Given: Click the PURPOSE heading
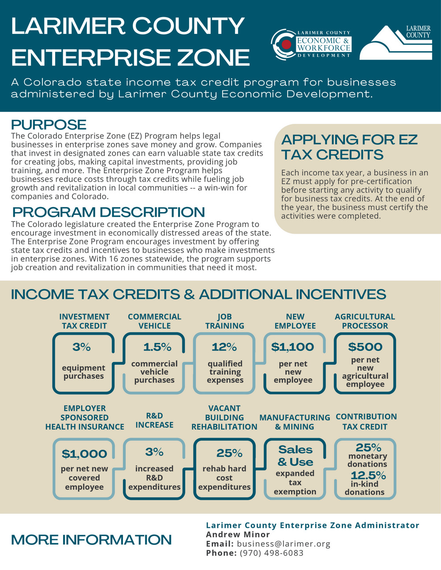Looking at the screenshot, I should click(x=49, y=124).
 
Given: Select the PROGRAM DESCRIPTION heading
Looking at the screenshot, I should click(x=108, y=212).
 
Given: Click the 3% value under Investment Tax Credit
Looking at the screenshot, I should click(x=82, y=347).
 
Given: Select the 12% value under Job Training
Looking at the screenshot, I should click(x=224, y=347).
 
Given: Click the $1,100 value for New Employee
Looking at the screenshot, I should click(x=292, y=347).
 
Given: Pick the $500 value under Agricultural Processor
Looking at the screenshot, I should click(x=365, y=347).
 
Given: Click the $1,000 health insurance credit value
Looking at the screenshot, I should click(x=84, y=454).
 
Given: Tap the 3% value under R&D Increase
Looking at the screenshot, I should click(x=154, y=452).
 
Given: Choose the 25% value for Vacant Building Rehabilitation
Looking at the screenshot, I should click(x=229, y=453).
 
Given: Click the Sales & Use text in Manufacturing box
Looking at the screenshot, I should click(x=295, y=456).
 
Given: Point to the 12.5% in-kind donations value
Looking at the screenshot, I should click(x=368, y=476).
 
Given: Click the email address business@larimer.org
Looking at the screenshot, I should click(x=284, y=544).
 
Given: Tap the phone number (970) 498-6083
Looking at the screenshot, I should click(x=271, y=553).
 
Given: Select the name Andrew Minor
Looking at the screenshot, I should click(x=238, y=534).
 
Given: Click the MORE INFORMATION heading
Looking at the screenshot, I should click(x=91, y=540).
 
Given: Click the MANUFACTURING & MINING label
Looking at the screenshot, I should click(x=295, y=422).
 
